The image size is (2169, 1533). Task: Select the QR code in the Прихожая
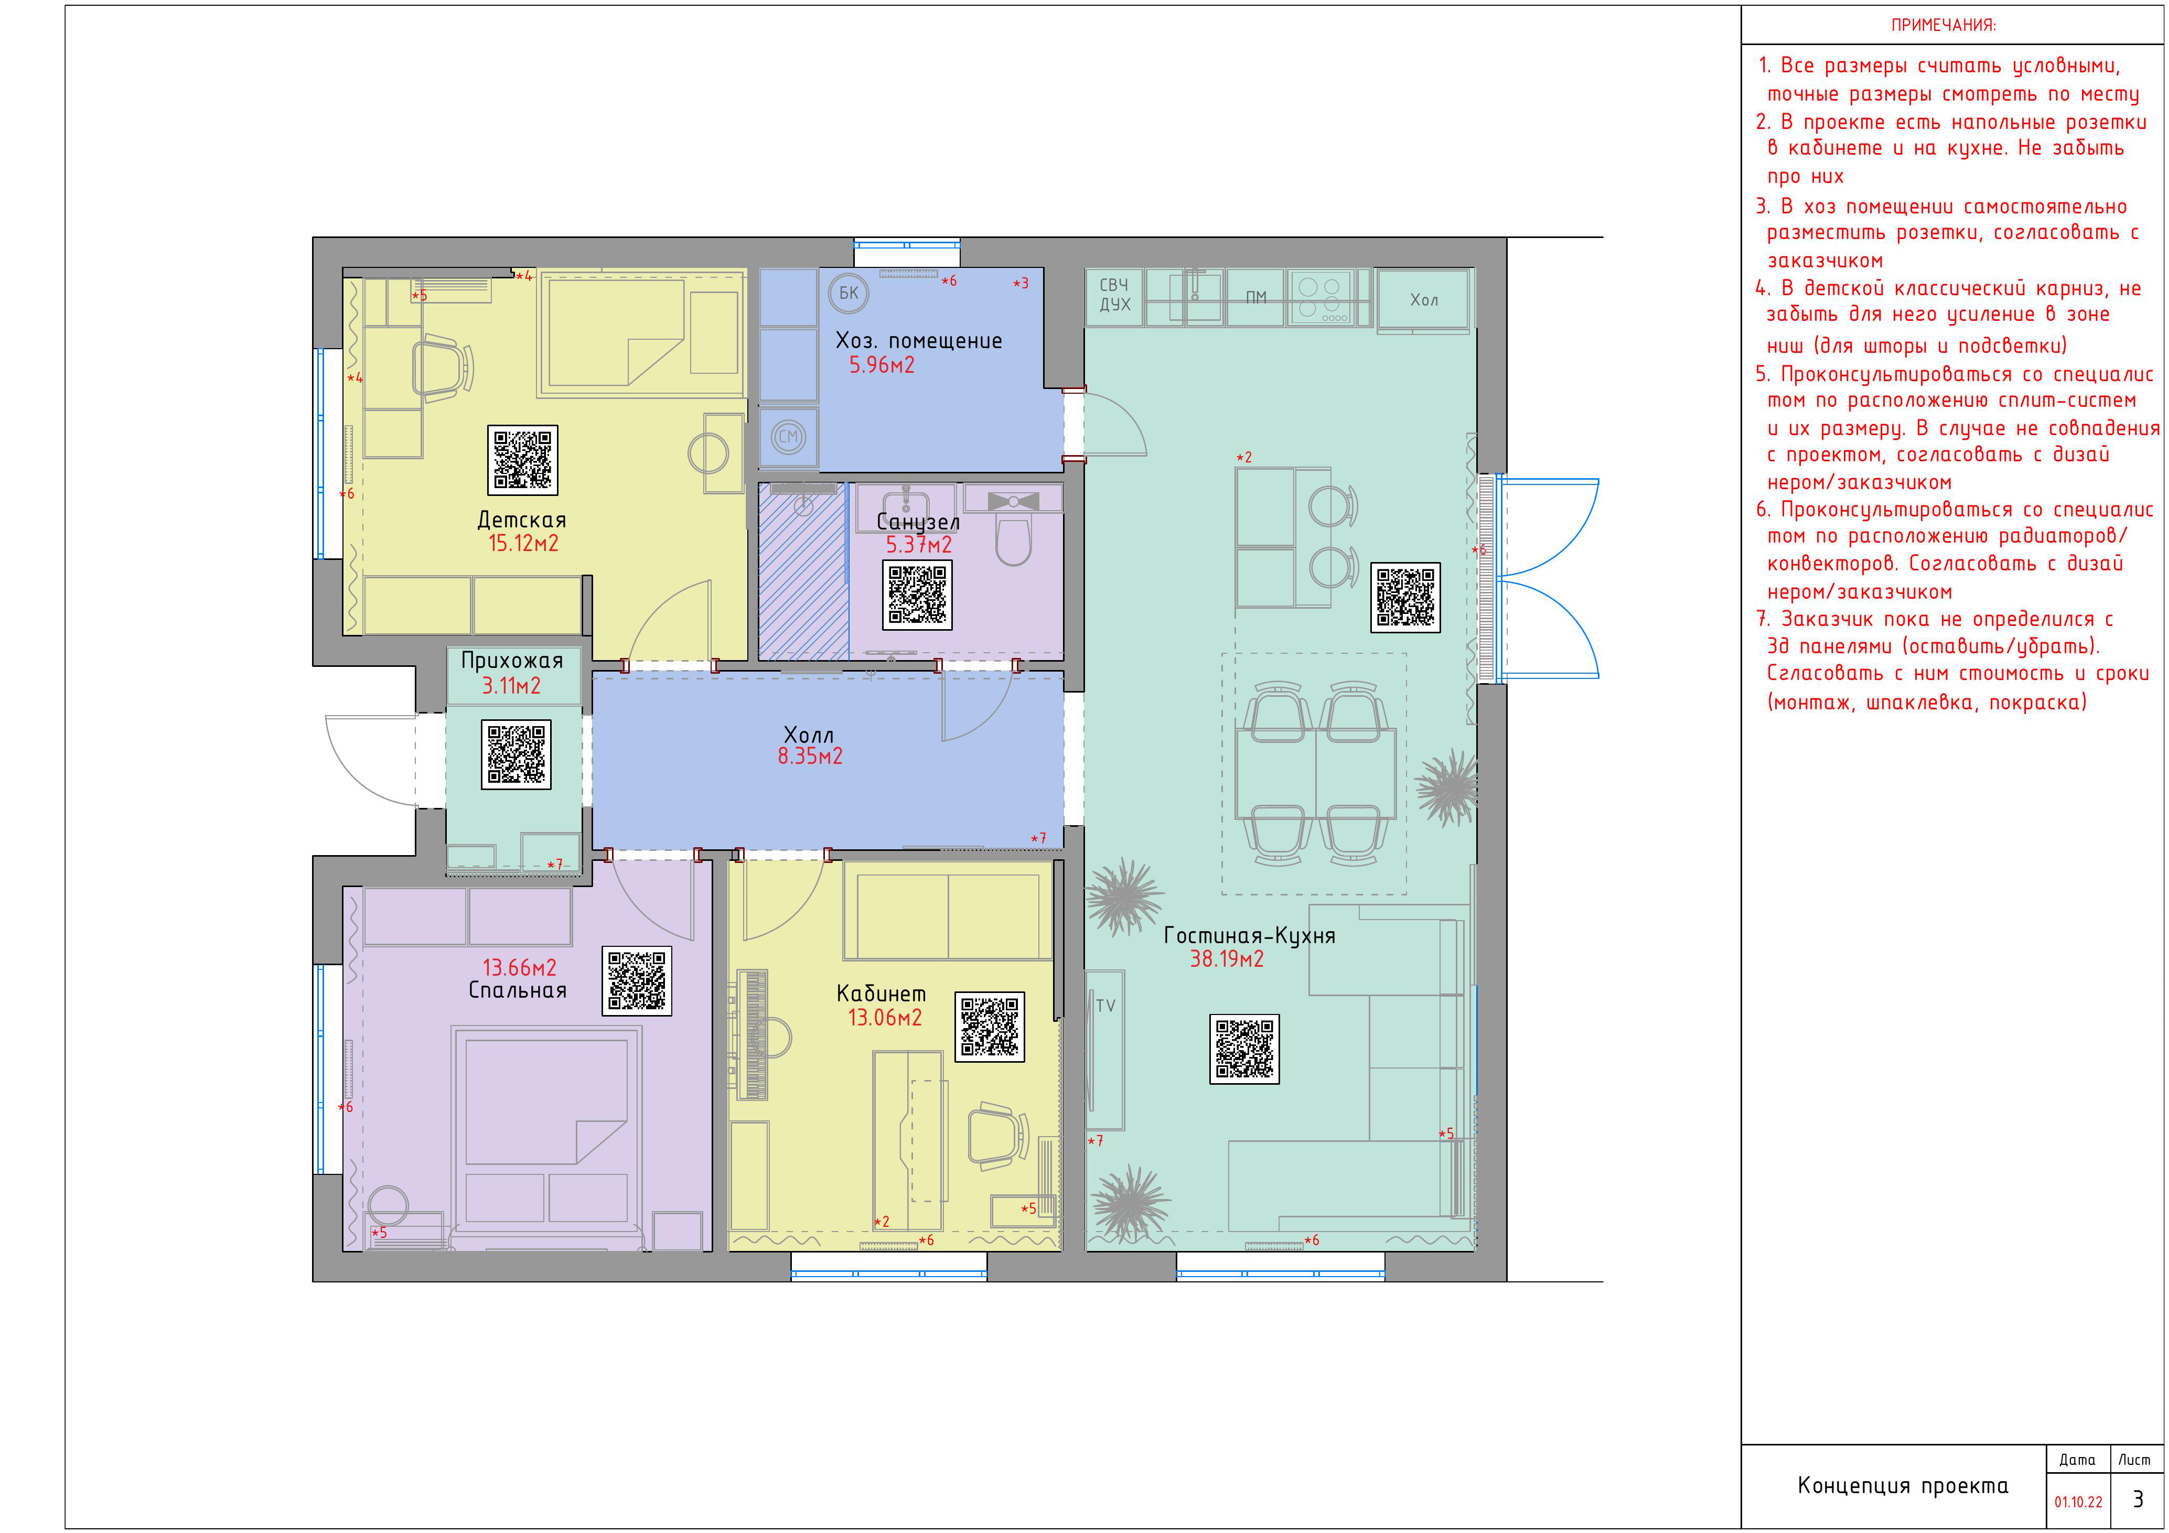(516, 754)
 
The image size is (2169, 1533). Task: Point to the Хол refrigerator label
(1424, 300)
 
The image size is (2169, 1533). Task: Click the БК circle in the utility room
(849, 293)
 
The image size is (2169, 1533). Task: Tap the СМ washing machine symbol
(788, 436)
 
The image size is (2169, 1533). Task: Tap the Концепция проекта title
(1903, 1486)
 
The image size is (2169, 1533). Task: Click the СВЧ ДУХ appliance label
(1115, 295)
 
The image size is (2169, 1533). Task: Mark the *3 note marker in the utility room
(1021, 283)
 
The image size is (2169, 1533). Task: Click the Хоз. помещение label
(918, 341)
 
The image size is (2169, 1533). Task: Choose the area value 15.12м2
(523, 543)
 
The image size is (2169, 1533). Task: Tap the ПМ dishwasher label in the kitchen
(1255, 298)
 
